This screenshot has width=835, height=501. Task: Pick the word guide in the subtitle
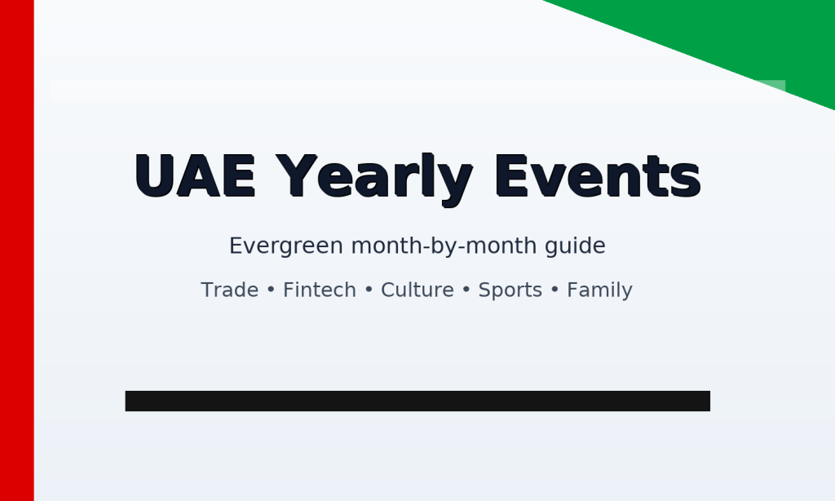[x=578, y=246]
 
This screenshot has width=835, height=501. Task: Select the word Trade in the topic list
[x=229, y=290]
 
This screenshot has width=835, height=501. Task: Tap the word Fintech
[x=319, y=290]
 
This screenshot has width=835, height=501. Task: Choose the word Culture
[x=417, y=290]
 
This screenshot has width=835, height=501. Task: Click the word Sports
[x=510, y=290]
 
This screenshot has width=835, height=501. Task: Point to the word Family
[x=599, y=290]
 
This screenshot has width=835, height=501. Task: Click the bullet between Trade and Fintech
[x=271, y=291]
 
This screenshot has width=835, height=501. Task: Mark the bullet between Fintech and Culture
[x=369, y=291]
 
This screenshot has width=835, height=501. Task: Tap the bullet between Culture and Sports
[x=466, y=291]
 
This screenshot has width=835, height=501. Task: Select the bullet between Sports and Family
[x=554, y=291]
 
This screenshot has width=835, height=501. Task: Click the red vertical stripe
[x=16, y=250]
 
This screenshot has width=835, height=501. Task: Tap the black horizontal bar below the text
[x=417, y=401]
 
